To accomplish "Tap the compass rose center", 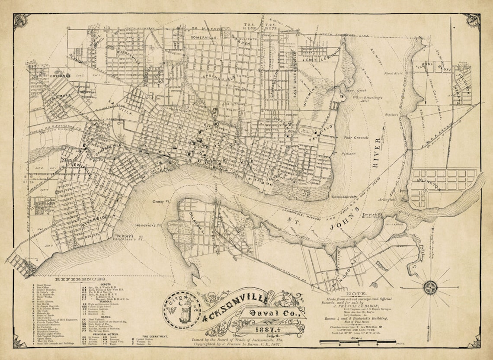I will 430,286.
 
